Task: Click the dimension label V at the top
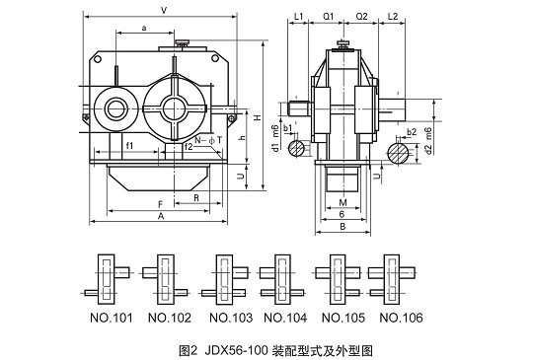[164, 11]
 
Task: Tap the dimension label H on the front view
[258, 117]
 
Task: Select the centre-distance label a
[144, 28]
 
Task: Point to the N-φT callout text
[208, 140]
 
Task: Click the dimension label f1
[129, 146]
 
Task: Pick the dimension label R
[196, 198]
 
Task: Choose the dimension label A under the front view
[161, 216]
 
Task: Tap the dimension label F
[161, 204]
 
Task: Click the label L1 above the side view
[298, 17]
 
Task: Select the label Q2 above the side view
[361, 17]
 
